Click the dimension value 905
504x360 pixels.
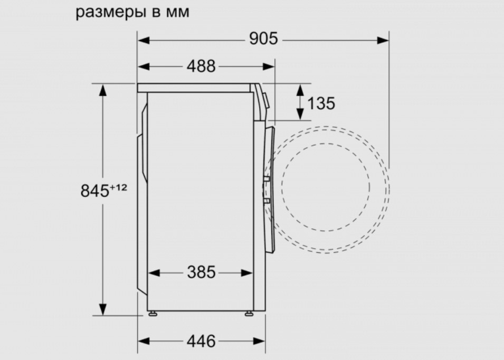tap(263, 39)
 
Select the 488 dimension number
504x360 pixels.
tap(201, 67)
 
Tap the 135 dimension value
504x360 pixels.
tap(321, 103)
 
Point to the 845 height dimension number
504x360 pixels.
tap(95, 191)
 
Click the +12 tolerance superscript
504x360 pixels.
tap(118, 187)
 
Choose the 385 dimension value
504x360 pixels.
tap(201, 272)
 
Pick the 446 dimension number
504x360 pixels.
tap(201, 341)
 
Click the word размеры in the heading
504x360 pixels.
tap(112, 13)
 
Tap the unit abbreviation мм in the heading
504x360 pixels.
tap(178, 13)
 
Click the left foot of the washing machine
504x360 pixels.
tap(153, 313)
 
